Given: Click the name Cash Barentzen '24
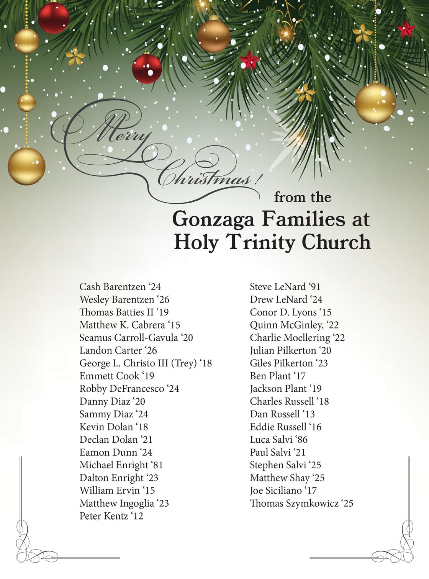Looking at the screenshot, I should pyautogui.click(x=120, y=286).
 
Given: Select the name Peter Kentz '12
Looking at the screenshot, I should pyautogui.click(x=111, y=516).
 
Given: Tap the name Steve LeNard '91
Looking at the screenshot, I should pyautogui.click(x=285, y=286).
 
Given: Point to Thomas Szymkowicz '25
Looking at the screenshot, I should pyautogui.click(x=301, y=503).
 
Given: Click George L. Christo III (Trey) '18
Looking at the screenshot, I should pyautogui.click(x=146, y=363).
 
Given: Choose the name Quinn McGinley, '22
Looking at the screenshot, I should pyautogui.click(x=294, y=325).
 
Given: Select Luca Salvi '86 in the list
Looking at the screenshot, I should pyautogui.click(x=278, y=439).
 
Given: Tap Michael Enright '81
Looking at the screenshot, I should pyautogui.click(x=121, y=465).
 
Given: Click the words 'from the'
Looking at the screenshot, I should pyautogui.click(x=302, y=197).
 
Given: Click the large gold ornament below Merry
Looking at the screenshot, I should pyautogui.click(x=26, y=166).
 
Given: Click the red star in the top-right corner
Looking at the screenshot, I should pyautogui.click(x=406, y=29).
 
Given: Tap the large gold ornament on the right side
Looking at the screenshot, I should pyautogui.click(x=375, y=102).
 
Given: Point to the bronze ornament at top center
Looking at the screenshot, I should pyautogui.click(x=213, y=36).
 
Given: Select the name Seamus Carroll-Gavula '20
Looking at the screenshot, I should pyautogui.click(x=136, y=337).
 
